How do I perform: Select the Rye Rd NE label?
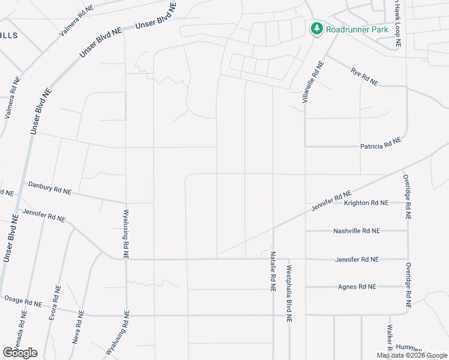point(364,77)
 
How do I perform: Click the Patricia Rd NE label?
point(380,146)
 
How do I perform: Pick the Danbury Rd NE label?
point(50,190)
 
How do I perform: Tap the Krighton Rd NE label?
point(366,203)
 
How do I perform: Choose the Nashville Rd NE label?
point(357,230)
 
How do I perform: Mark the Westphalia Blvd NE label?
point(289,294)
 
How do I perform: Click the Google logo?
point(20,353)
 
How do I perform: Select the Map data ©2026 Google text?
point(412,355)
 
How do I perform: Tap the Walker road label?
point(390,339)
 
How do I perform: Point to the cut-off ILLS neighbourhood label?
point(8,35)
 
